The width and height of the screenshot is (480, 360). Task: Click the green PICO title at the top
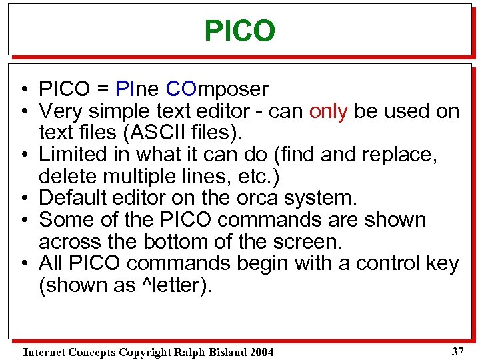pyautogui.click(x=239, y=31)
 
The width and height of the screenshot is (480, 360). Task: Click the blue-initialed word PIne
pyautogui.click(x=137, y=89)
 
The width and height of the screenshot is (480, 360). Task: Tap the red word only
pyautogui.click(x=329, y=111)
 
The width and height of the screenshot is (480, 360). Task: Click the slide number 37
pyautogui.click(x=457, y=350)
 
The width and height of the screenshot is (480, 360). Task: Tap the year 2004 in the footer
pyautogui.click(x=261, y=352)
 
